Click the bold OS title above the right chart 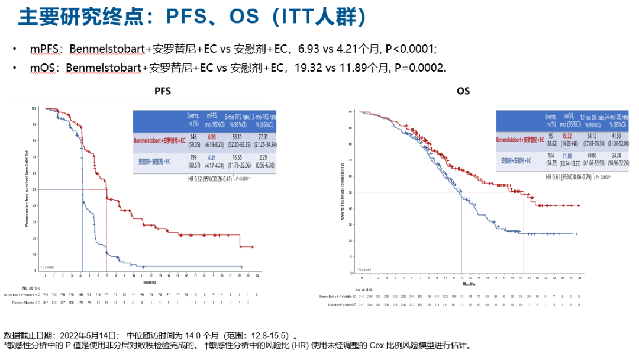click(x=463, y=92)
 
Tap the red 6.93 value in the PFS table click(x=211, y=137)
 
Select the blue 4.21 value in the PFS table click(x=211, y=157)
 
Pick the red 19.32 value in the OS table click(x=567, y=136)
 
